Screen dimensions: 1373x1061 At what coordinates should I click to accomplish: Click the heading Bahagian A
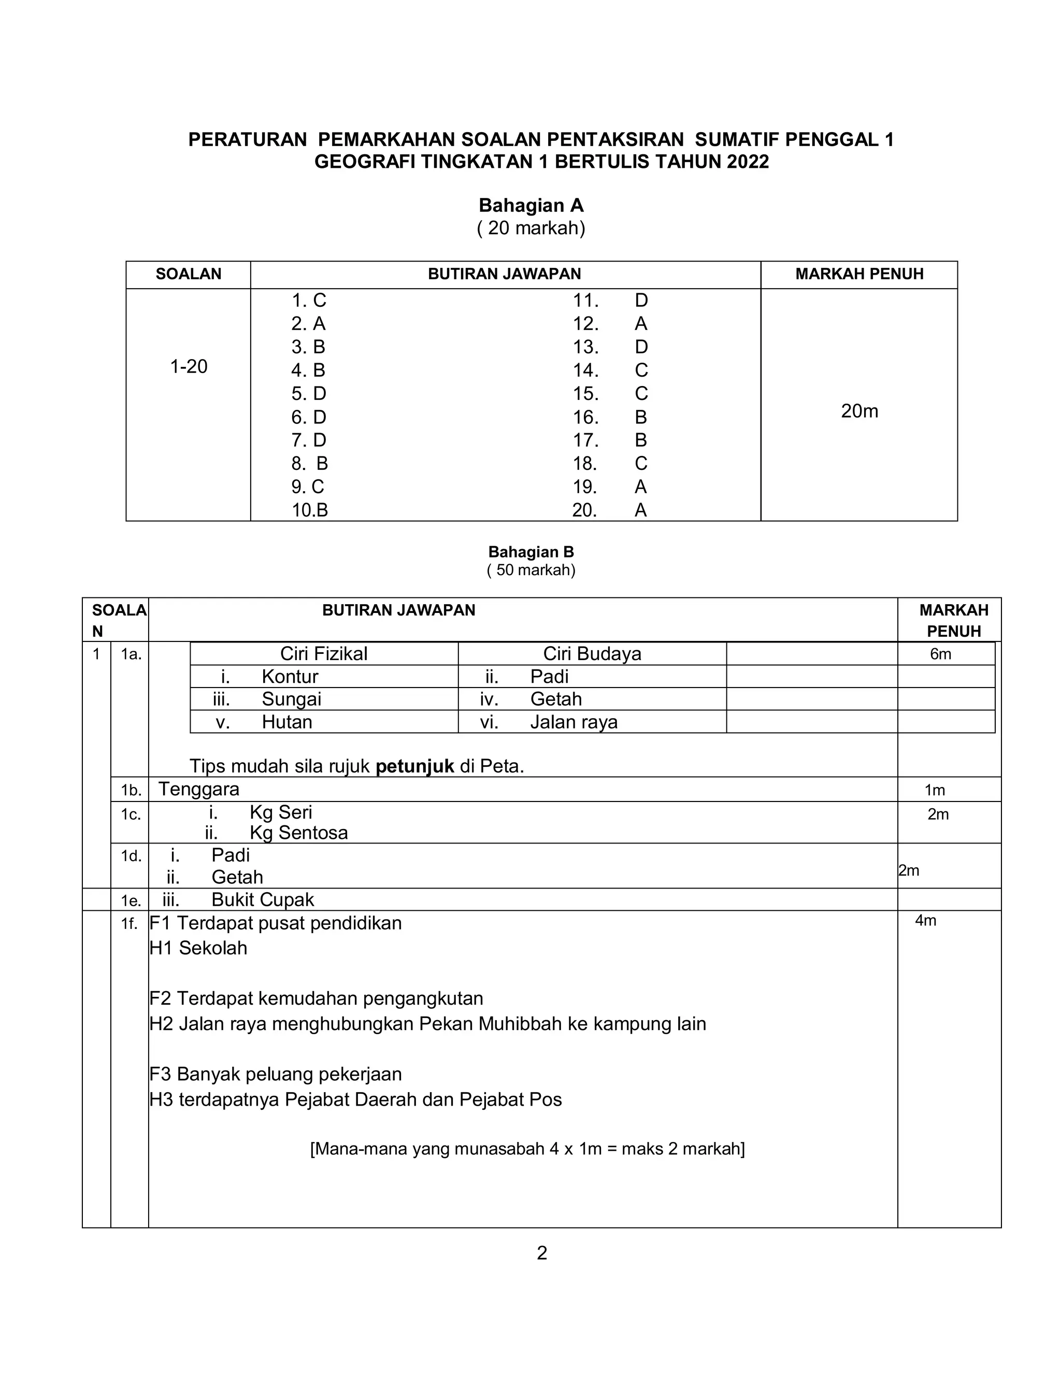pos(530,206)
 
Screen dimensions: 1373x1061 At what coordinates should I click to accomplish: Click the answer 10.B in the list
pos(309,510)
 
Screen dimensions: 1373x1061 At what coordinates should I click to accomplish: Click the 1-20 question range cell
pos(189,366)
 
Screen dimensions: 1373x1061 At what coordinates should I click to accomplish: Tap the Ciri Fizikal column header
pos(324,654)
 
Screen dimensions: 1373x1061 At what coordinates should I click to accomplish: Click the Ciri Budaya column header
pos(592,654)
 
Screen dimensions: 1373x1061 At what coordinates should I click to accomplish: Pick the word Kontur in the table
pos(290,677)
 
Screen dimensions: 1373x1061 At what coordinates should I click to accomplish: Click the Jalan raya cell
pos(573,722)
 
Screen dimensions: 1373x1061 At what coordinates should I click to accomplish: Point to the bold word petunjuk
pos(414,766)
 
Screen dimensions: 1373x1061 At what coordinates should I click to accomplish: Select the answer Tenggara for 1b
pos(198,789)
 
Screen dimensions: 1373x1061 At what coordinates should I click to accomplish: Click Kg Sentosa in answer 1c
pos(298,833)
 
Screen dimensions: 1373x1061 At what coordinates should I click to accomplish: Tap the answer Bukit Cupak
pos(262,899)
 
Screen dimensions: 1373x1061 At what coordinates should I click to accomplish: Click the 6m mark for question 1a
pos(940,654)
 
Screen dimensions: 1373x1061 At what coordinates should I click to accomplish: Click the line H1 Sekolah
pos(198,948)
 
